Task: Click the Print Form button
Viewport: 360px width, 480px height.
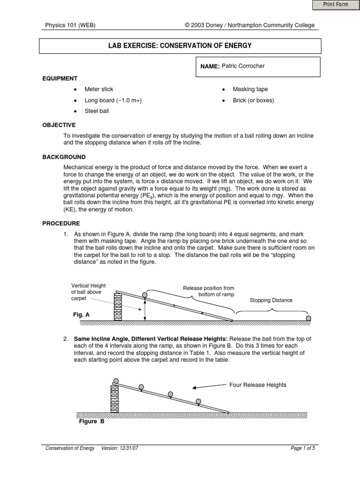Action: pos(335,5)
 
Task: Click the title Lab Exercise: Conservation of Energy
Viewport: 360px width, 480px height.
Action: pos(180,45)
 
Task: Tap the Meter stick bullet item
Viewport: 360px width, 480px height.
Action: pos(98,89)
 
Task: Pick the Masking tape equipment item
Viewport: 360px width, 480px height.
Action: pos(250,89)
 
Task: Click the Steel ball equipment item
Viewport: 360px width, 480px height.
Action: pos(96,112)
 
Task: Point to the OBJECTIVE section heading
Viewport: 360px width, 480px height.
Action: pos(59,125)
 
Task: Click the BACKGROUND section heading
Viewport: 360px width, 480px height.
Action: pos(64,157)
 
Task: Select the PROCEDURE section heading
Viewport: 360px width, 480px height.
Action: pos(61,223)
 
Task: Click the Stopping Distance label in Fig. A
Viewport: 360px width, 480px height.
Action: pos(271,300)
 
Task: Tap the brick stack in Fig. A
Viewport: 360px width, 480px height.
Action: pos(118,307)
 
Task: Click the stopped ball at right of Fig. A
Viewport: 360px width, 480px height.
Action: pos(308,318)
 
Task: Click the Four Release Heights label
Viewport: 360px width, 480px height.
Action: pos(257,385)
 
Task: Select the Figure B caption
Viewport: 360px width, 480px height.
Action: pos(91,421)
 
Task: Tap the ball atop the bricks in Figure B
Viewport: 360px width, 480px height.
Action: pos(115,381)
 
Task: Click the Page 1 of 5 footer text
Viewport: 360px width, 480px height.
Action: pos(303,448)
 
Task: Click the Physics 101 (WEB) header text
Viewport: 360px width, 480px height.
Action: pos(70,25)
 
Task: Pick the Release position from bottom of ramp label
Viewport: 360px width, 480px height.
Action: pos(209,291)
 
